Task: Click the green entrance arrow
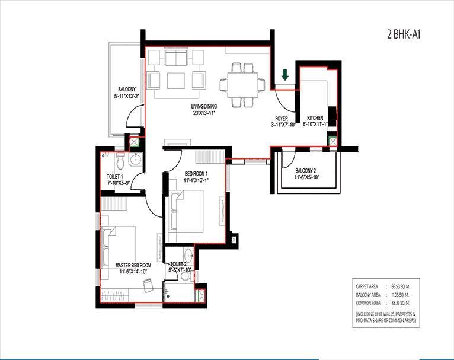click(285, 75)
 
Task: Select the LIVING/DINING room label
click(203, 107)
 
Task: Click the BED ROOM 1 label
click(187, 173)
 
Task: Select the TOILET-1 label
click(115, 177)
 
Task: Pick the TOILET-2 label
click(178, 264)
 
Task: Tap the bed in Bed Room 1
click(190, 211)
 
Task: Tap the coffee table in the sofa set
click(175, 80)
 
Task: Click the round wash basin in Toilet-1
click(135, 159)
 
